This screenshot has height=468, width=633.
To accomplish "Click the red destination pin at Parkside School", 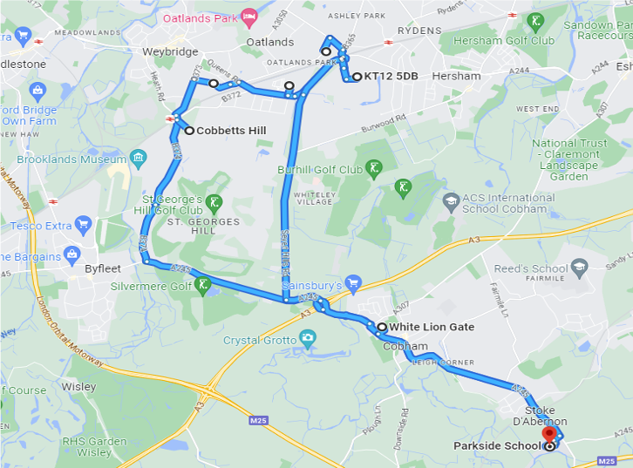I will point(548,433).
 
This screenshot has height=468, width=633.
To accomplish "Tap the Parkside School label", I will point(497,445).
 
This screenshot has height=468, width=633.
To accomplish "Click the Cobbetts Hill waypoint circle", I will point(189,131).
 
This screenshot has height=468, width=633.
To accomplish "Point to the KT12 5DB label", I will point(391,77).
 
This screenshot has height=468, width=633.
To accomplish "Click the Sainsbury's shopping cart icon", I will point(353,282).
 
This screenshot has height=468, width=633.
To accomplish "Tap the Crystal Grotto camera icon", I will point(307,336).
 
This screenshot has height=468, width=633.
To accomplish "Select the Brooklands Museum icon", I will point(139,158).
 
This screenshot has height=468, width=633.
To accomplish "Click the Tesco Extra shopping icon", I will point(84,224).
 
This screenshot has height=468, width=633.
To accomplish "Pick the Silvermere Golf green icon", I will point(202,284).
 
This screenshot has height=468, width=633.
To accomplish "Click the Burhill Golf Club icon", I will point(373,167).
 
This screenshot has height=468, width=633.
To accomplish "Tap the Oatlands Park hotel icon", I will point(249,17).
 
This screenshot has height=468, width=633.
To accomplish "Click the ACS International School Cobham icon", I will point(451,202).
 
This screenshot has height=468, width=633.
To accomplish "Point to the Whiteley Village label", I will point(317,198).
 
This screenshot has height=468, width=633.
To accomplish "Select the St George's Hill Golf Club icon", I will point(214,202).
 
